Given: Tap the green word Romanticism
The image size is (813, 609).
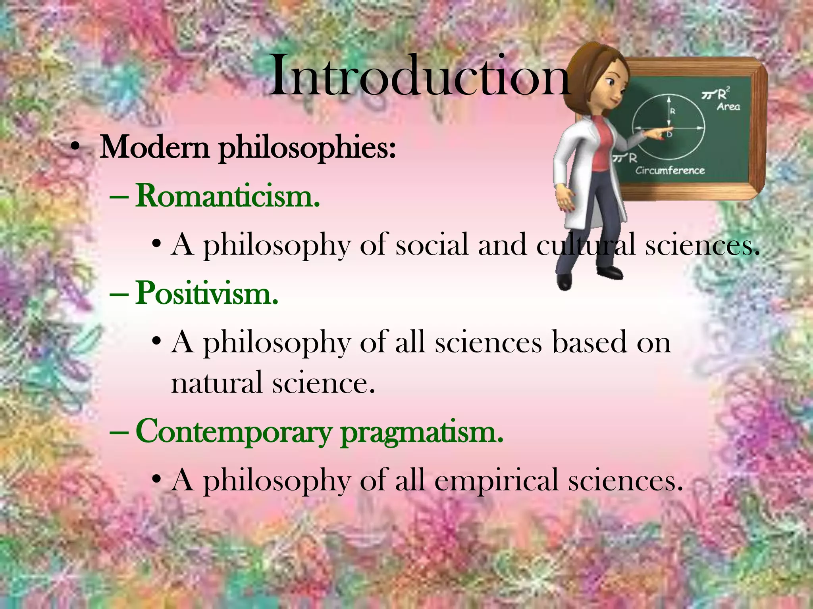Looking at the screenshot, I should [x=227, y=196].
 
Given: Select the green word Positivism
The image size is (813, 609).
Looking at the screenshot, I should [x=206, y=293].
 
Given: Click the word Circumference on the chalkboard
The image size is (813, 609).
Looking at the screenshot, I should [x=670, y=170].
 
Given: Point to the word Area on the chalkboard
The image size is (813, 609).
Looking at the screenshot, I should [x=728, y=106].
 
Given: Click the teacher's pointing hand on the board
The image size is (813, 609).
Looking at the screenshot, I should [x=657, y=133].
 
